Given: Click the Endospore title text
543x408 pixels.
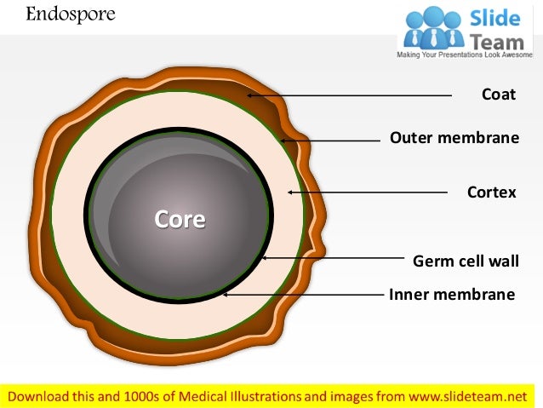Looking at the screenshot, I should click(59, 14).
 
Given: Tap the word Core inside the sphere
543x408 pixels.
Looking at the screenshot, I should click(180, 220).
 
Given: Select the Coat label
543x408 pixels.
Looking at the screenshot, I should click(499, 95).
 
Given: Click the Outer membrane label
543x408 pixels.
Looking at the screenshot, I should click(454, 137).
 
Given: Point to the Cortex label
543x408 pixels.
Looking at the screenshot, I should click(491, 193).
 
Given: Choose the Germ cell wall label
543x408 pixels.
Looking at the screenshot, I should click(465, 261).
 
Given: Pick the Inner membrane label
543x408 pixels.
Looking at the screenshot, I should click(452, 295).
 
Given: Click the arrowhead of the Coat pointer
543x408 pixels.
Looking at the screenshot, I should click(250, 95).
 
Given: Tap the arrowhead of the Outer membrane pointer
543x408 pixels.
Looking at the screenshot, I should click(283, 139).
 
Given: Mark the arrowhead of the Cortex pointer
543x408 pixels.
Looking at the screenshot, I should click(291, 193).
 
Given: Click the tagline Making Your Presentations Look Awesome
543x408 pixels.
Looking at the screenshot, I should click(467, 55).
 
